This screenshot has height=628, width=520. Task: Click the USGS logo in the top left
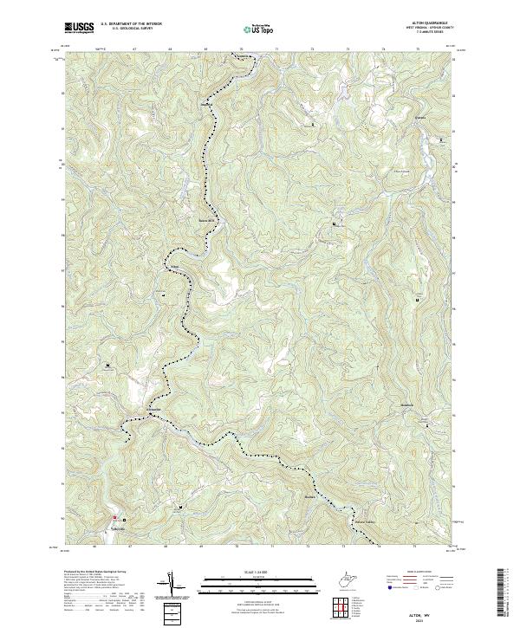[79, 28]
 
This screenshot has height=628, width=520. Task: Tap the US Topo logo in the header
[257, 29]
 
